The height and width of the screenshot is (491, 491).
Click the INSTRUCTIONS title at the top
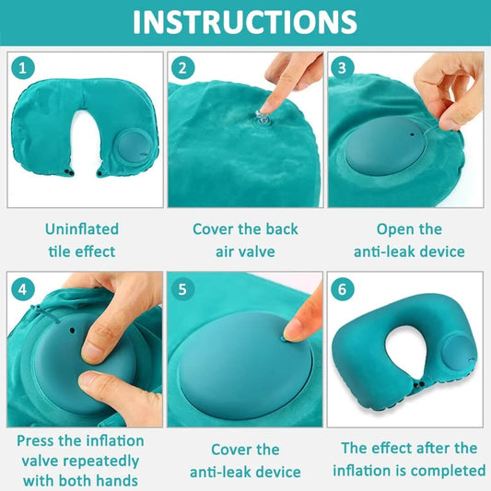(x=245, y=22)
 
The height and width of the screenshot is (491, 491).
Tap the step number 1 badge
(x=22, y=68)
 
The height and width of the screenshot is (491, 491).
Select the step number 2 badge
(x=182, y=68)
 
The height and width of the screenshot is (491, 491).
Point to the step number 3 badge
(x=343, y=68)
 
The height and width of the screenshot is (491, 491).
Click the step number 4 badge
(x=22, y=289)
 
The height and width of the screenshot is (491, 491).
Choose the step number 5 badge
(x=182, y=289)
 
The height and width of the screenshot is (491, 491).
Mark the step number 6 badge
(x=343, y=289)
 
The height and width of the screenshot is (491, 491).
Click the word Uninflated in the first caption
(x=82, y=228)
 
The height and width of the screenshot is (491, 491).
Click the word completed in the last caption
(x=453, y=471)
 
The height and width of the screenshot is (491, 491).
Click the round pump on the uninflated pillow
(x=134, y=147)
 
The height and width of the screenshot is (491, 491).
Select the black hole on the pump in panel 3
(x=413, y=134)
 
